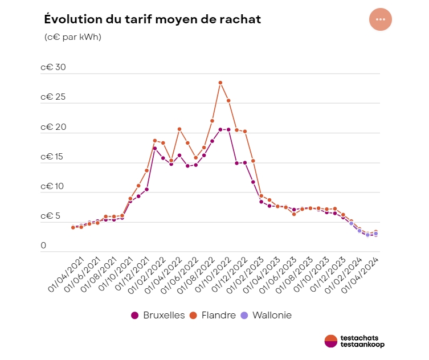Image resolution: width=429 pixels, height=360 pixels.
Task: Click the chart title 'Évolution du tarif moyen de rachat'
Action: click(152, 19)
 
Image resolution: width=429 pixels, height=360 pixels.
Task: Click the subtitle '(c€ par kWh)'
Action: click(72, 37)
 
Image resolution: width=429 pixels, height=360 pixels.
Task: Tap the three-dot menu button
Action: click(381, 19)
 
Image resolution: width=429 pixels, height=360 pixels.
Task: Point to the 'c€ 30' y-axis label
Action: click(53, 67)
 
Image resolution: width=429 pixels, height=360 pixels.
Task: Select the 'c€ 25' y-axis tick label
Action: click(53, 97)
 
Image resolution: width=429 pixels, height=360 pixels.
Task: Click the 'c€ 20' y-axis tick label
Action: click(53, 127)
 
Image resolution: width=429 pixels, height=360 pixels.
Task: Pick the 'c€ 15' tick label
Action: click(53, 157)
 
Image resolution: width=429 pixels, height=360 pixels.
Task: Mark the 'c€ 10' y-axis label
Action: click(53, 187)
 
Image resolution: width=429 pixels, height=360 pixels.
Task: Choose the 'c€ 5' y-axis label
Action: click(51, 216)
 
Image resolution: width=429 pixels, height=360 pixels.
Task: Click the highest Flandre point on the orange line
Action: click(220, 83)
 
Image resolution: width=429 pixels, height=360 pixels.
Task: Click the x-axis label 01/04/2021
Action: click(64, 275)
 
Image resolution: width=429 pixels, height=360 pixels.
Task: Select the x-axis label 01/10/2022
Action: click(211, 275)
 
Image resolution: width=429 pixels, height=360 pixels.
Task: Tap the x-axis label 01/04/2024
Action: click(358, 275)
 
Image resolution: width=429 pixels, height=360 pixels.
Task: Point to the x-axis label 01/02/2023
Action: click(244, 275)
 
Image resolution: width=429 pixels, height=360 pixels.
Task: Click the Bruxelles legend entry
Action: click(158, 315)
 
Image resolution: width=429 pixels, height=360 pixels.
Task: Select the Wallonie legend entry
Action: click(266, 315)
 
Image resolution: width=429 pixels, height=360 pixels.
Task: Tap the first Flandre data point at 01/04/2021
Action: click(73, 227)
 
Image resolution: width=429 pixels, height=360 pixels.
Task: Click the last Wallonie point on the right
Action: click(375, 234)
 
